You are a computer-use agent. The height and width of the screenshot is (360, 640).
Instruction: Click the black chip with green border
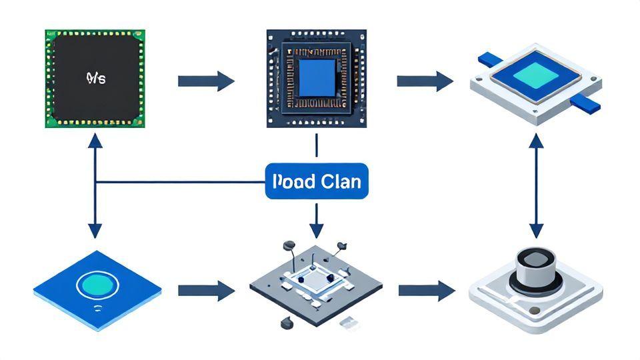click(95, 78)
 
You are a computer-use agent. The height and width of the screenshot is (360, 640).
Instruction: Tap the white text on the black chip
click(96, 78)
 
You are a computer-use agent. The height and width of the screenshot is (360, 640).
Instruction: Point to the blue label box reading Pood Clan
click(316, 181)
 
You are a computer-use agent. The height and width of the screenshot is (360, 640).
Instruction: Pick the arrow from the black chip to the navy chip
click(206, 81)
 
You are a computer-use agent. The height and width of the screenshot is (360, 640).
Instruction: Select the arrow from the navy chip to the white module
click(425, 81)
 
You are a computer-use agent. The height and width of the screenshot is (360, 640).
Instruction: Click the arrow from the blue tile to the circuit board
click(206, 291)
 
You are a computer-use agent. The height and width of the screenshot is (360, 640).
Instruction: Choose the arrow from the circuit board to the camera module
click(426, 291)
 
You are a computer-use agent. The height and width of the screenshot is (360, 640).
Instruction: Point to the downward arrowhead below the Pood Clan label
click(316, 229)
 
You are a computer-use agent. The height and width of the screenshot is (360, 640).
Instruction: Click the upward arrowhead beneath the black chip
click(95, 139)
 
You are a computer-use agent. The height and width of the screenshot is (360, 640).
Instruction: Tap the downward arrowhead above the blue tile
click(95, 230)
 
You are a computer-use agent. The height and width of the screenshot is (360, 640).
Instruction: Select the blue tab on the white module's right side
click(587, 102)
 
